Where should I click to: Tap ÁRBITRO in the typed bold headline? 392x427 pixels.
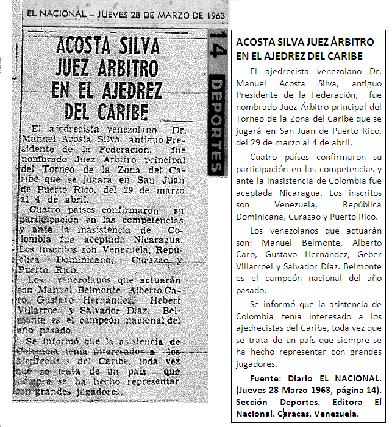click(x=347, y=43)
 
